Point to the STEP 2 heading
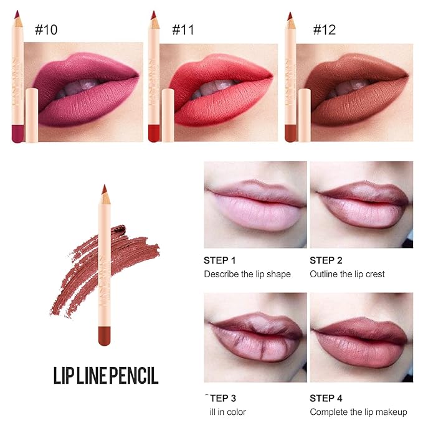(326, 260)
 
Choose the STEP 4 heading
(326, 397)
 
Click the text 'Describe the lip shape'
(247, 274)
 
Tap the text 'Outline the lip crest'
(347, 274)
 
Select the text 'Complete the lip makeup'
(358, 412)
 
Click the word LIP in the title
(62, 376)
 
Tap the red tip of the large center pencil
(104, 189)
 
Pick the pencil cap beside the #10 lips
(31, 115)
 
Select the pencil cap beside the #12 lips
(304, 115)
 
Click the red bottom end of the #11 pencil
(153, 133)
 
